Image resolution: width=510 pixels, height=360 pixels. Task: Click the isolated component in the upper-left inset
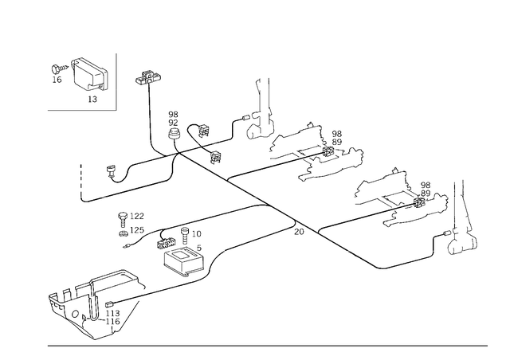[x=80, y=76]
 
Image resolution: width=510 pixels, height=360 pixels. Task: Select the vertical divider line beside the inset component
[x=117, y=80]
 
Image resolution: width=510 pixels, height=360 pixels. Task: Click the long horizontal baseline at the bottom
[x=267, y=345]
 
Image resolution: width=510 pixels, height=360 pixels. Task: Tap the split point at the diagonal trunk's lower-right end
[x=307, y=232]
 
